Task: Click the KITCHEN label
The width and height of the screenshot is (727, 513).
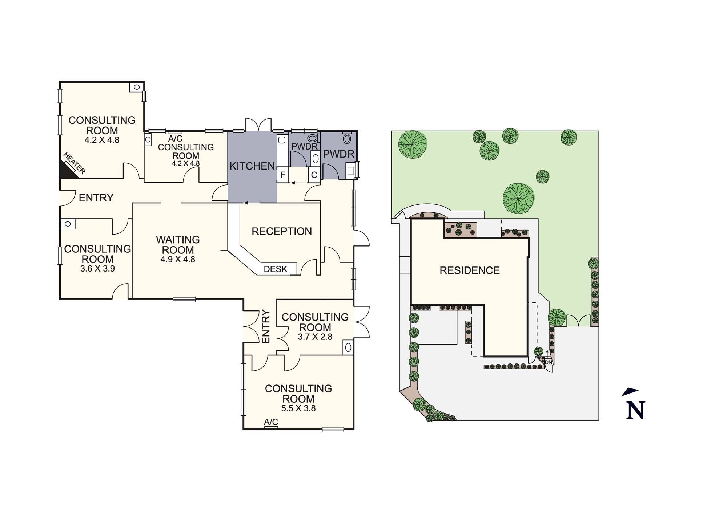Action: click(x=252, y=166)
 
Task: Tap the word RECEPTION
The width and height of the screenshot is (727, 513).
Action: click(x=282, y=231)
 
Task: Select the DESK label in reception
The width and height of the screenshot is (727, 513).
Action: click(x=276, y=269)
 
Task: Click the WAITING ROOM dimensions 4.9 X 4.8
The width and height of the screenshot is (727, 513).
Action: click(x=178, y=259)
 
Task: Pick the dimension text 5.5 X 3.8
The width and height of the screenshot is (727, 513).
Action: click(x=298, y=408)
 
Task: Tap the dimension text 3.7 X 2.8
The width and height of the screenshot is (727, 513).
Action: click(x=315, y=337)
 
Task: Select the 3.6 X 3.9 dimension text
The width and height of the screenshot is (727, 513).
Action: click(x=97, y=269)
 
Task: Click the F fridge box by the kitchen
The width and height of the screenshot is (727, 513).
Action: click(x=282, y=175)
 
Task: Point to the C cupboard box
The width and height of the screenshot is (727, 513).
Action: click(x=314, y=175)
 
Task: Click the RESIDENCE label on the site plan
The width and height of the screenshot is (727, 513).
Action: click(x=470, y=270)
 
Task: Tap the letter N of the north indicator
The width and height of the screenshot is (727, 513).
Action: click(x=635, y=410)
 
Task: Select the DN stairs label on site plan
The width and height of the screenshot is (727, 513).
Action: click(x=549, y=362)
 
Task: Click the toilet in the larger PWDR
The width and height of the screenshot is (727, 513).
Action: click(x=347, y=138)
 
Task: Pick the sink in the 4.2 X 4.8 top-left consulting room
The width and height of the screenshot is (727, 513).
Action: click(x=137, y=87)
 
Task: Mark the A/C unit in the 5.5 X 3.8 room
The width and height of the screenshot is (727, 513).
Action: click(x=271, y=427)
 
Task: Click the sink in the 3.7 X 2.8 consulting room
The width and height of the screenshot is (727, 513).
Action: click(x=348, y=347)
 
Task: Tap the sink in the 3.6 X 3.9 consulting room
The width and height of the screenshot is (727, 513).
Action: click(x=68, y=224)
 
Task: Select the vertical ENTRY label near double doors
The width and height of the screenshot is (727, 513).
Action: click(x=266, y=326)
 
